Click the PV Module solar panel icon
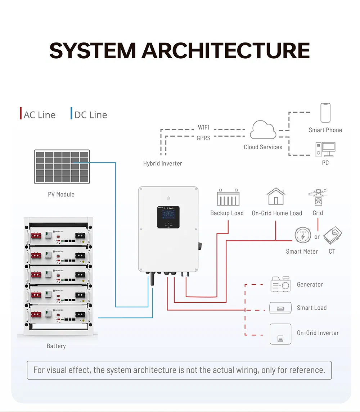(x=62, y=167)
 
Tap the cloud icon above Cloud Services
(x=263, y=130)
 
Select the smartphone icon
(x=325, y=113)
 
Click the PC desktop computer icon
(x=325, y=149)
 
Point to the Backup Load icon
(x=228, y=197)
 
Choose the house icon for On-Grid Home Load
(x=276, y=196)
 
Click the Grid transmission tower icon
(x=318, y=198)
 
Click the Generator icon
(x=280, y=284)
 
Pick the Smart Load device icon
(x=280, y=308)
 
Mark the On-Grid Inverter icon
(x=280, y=334)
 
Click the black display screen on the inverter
(x=168, y=217)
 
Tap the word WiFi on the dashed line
(x=203, y=128)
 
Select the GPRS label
(x=203, y=138)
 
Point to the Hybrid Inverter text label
(x=162, y=163)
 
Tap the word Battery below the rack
(x=56, y=346)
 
